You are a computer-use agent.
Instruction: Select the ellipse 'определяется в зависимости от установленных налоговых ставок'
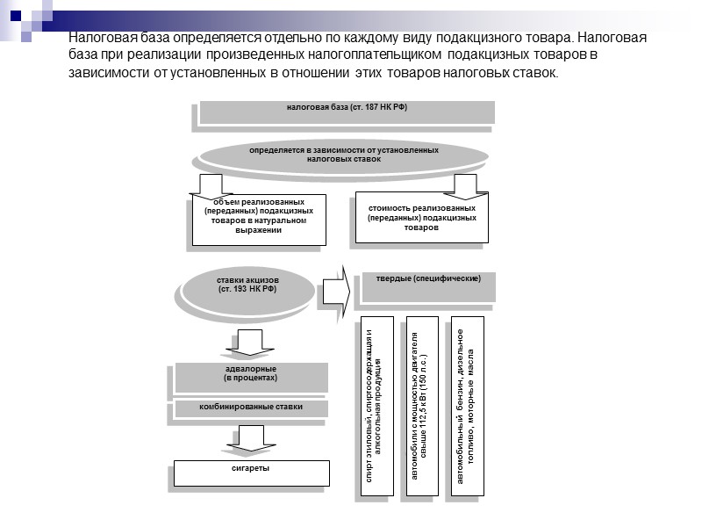pyautogui.click(x=343, y=156)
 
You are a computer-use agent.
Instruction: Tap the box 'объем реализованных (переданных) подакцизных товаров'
pyautogui.click(x=259, y=220)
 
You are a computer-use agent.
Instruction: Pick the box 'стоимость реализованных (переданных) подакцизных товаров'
pyautogui.click(x=421, y=216)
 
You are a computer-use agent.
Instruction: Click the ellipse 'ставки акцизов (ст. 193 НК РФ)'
pyautogui.click(x=247, y=285)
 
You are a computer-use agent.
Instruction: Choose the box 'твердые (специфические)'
pyautogui.click(x=427, y=285)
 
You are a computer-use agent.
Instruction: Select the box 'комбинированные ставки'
pyautogui.click(x=251, y=408)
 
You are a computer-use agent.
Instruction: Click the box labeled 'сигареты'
pyautogui.click(x=251, y=472)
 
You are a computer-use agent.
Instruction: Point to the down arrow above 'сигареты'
pyautogui.click(x=251, y=438)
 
